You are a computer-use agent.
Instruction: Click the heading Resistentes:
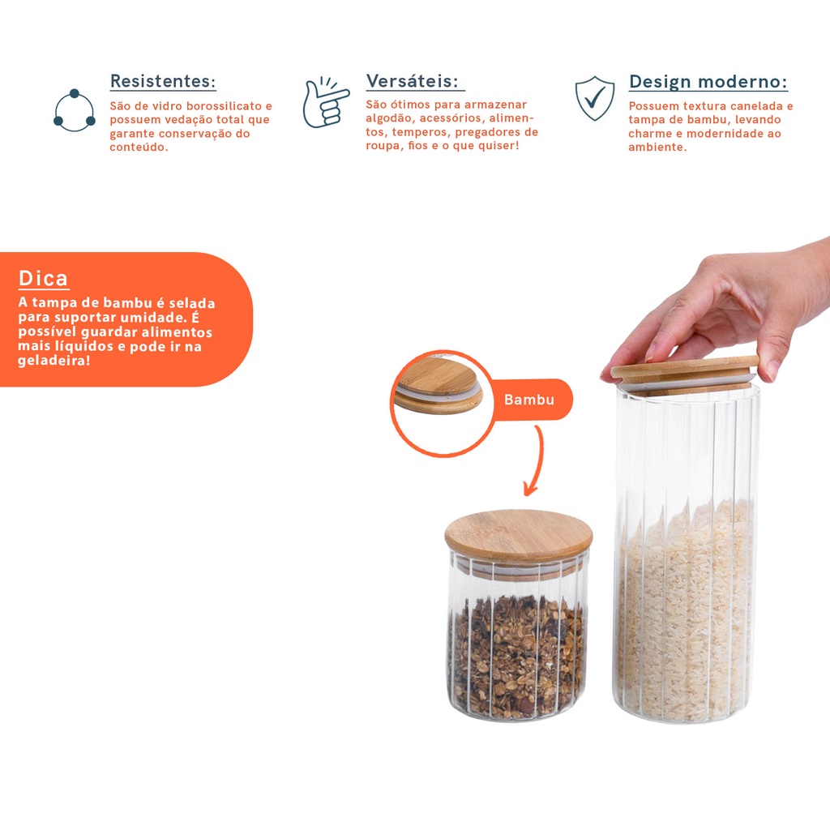point(163,81)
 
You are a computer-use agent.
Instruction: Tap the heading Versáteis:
point(413,81)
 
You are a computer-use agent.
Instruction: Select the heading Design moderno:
point(708,82)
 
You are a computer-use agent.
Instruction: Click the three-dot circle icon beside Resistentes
point(75,110)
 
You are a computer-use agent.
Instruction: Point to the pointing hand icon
point(325,103)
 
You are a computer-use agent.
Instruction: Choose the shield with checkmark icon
point(595,98)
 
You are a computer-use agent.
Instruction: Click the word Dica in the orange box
point(44,278)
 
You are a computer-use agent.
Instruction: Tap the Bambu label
point(528,400)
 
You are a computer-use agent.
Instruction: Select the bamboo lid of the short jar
point(518,535)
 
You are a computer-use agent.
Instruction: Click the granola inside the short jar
point(517,657)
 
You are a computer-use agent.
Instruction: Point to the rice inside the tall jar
point(685,609)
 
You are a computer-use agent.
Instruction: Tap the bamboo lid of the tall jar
point(685,373)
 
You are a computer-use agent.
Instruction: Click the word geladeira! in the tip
point(54,361)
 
